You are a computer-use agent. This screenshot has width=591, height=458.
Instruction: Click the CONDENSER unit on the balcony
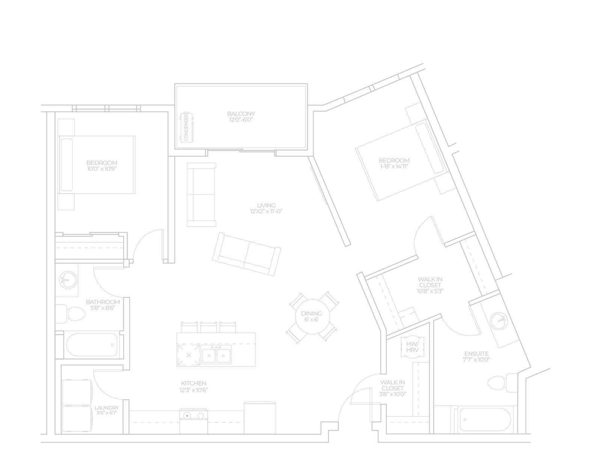coord(186,127)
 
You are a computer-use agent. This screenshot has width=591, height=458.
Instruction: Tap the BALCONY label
coord(241,114)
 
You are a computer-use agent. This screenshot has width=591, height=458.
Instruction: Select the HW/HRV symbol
coord(412,347)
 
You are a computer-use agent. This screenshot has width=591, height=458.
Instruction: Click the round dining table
coord(313,317)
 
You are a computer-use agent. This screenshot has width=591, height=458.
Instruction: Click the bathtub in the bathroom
coord(92,345)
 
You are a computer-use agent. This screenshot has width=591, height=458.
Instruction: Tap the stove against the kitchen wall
coord(193,421)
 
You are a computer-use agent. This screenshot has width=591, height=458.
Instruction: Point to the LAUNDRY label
coord(107,408)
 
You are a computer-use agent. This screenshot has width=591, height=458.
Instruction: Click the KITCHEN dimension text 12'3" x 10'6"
coord(194,390)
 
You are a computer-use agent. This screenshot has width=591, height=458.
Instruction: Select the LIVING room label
coord(267,205)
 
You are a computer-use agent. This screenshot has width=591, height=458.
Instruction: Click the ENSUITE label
coord(476,354)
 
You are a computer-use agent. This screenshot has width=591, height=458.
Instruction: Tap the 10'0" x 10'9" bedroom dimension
coord(102,169)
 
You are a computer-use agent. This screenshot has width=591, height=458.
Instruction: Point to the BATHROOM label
coord(103,302)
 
